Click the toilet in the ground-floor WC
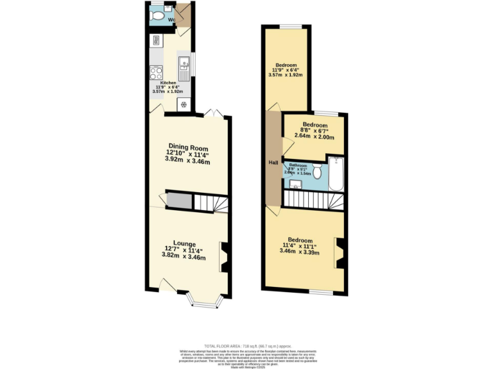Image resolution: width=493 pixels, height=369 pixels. (157, 15)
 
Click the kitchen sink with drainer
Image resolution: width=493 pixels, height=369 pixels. (184, 67)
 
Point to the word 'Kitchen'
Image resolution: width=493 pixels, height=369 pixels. (168, 83)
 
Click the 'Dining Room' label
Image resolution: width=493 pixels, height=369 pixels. (188, 147)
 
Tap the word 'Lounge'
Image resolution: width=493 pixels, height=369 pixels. (184, 243)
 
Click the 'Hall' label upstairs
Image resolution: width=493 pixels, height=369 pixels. (273, 163)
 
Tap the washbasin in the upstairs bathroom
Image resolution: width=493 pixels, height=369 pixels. (296, 185)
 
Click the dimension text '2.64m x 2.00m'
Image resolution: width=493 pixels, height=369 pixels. (315, 135)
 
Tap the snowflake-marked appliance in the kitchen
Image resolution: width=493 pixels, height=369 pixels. (184, 104)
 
